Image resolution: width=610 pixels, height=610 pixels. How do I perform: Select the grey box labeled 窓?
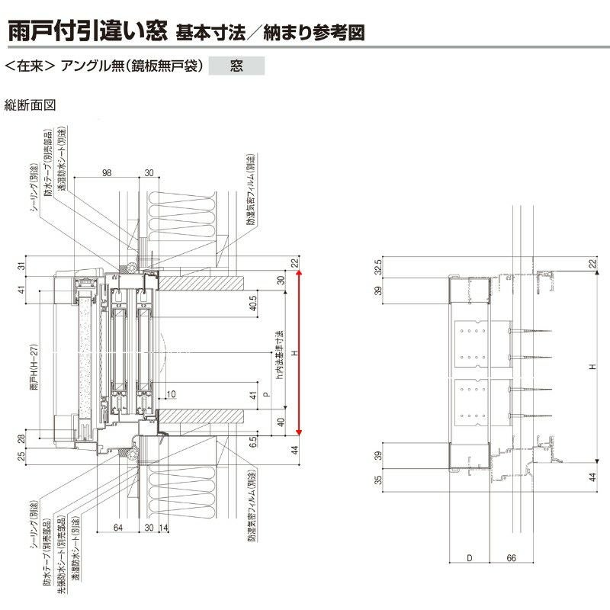click(236, 66)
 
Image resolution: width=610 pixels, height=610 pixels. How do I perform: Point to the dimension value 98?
click(106, 173)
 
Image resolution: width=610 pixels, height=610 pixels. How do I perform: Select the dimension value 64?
click(117, 526)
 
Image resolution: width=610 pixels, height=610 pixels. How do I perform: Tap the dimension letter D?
click(469, 558)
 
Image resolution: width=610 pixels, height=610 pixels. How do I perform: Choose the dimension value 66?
click(512, 558)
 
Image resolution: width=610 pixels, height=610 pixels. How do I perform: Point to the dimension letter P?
click(265, 395)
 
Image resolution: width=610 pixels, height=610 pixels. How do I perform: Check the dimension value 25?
click(21, 456)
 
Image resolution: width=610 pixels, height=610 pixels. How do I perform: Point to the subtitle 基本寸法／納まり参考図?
click(271, 33)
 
